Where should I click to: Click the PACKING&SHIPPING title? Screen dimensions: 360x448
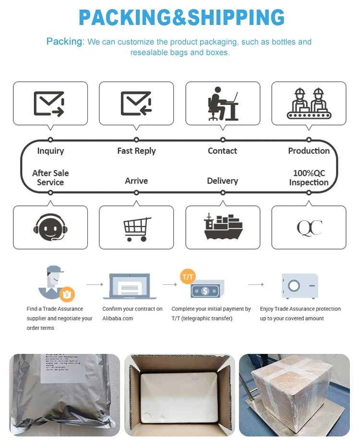pos(181,18)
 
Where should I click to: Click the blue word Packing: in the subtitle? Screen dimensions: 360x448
pos(65,42)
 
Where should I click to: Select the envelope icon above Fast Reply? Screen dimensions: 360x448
pos(136,104)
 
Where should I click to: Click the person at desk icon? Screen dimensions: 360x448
pos(223,104)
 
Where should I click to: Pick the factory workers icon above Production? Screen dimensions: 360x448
pos(309,103)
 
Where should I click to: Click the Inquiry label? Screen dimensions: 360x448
pos(50,151)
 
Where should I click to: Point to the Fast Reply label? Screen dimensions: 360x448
pos(136,151)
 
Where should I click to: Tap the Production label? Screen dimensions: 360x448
pos(309,151)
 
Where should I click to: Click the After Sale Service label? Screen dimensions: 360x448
pos(50,178)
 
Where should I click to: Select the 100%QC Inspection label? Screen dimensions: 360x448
pos(309,178)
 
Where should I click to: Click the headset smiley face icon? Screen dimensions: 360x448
pos(50,228)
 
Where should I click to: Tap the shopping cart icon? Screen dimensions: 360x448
pos(137,229)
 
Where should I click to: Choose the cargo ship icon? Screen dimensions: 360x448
pos(223,227)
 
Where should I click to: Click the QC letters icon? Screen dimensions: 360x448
pos(309,228)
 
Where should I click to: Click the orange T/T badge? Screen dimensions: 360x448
pos(188,277)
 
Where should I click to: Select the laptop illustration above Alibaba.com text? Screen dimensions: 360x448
pos(129,287)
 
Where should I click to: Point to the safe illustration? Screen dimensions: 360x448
pos(300,286)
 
